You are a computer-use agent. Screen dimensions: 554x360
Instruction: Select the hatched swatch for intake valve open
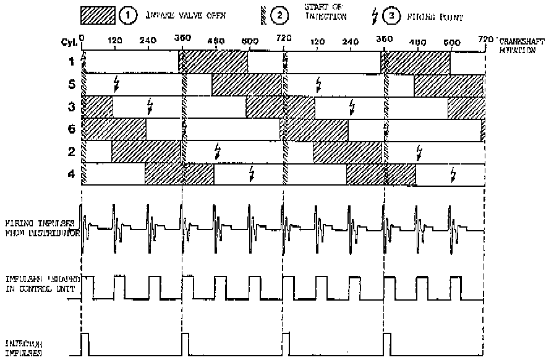pyautogui.click(x=98, y=15)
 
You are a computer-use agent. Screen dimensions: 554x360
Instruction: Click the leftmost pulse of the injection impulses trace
pyautogui.click(x=85, y=344)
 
